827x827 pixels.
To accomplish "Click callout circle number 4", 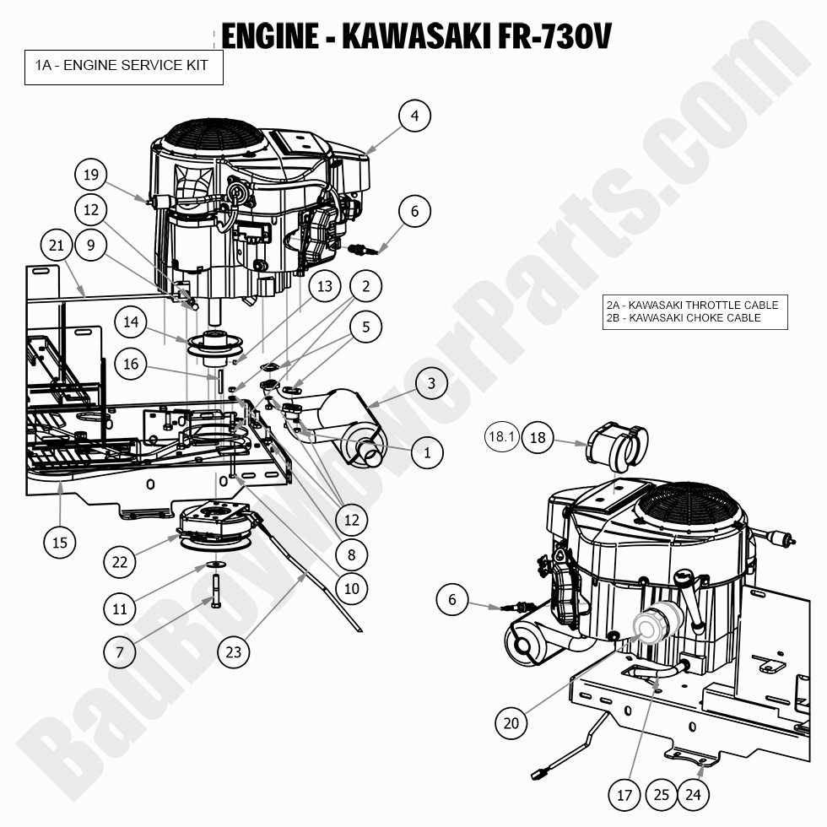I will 414,116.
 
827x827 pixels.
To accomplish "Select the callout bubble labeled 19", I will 92,176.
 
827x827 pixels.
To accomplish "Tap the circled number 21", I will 57,246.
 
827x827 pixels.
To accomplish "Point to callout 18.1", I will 500,436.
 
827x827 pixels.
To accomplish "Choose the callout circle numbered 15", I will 60,542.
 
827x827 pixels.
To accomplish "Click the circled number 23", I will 234,651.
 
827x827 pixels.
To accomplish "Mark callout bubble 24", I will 693,794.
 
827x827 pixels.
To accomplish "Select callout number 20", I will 511,722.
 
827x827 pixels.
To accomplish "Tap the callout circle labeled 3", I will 431,383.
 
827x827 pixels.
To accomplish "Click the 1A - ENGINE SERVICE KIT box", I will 123,65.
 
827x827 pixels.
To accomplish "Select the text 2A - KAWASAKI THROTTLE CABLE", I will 692,305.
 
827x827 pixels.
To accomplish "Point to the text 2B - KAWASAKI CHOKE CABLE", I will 683,318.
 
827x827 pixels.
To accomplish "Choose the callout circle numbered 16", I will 131,365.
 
